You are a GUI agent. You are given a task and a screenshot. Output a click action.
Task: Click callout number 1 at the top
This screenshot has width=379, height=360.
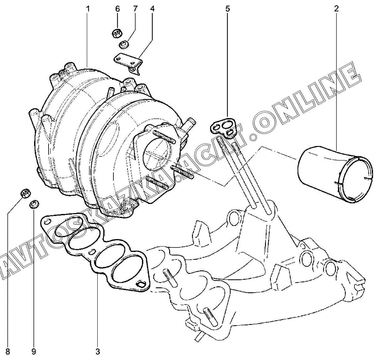88,9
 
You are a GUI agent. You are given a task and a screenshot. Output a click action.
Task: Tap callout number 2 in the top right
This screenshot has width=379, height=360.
336,9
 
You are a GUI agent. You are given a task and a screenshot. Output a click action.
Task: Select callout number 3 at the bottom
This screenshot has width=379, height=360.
98,352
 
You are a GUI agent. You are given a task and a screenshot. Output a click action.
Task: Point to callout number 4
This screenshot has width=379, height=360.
153,9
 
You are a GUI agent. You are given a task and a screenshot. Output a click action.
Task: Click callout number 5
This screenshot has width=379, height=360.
227,9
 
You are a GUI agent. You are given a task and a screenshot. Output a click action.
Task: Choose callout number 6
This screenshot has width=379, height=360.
117,9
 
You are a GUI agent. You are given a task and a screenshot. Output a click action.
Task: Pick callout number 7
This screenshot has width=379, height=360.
135,9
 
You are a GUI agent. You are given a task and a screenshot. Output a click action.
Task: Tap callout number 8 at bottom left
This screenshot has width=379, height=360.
8,352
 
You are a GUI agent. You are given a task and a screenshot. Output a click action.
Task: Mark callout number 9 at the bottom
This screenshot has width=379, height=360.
33,352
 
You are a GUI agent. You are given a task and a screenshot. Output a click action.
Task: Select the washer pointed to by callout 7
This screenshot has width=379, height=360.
124,44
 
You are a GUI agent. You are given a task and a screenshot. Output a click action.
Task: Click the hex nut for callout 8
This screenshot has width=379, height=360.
25,194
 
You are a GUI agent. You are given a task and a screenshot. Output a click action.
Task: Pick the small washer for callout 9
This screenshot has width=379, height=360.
34,204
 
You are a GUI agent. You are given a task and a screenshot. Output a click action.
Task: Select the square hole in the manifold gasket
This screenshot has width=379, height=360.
141,284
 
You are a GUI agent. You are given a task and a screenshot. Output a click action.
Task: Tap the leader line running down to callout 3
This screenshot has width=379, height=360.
98,310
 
